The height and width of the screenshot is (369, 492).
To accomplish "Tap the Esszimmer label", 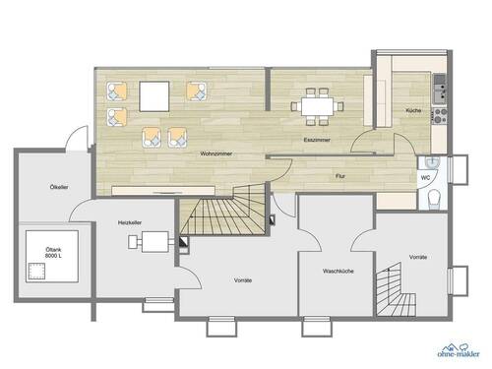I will tap(315, 142).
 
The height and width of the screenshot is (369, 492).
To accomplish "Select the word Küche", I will tap(413, 110).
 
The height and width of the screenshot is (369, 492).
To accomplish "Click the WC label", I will tap(425, 178).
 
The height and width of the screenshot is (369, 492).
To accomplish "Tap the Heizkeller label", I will tap(129, 222).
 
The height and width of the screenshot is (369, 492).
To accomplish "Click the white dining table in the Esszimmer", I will tap(316, 103).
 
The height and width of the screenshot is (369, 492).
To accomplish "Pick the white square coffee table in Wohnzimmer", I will tap(154, 96).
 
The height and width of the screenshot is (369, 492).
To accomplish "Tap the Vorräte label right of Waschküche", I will tap(418, 256).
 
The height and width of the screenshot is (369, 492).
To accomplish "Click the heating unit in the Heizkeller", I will tap(155, 245).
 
